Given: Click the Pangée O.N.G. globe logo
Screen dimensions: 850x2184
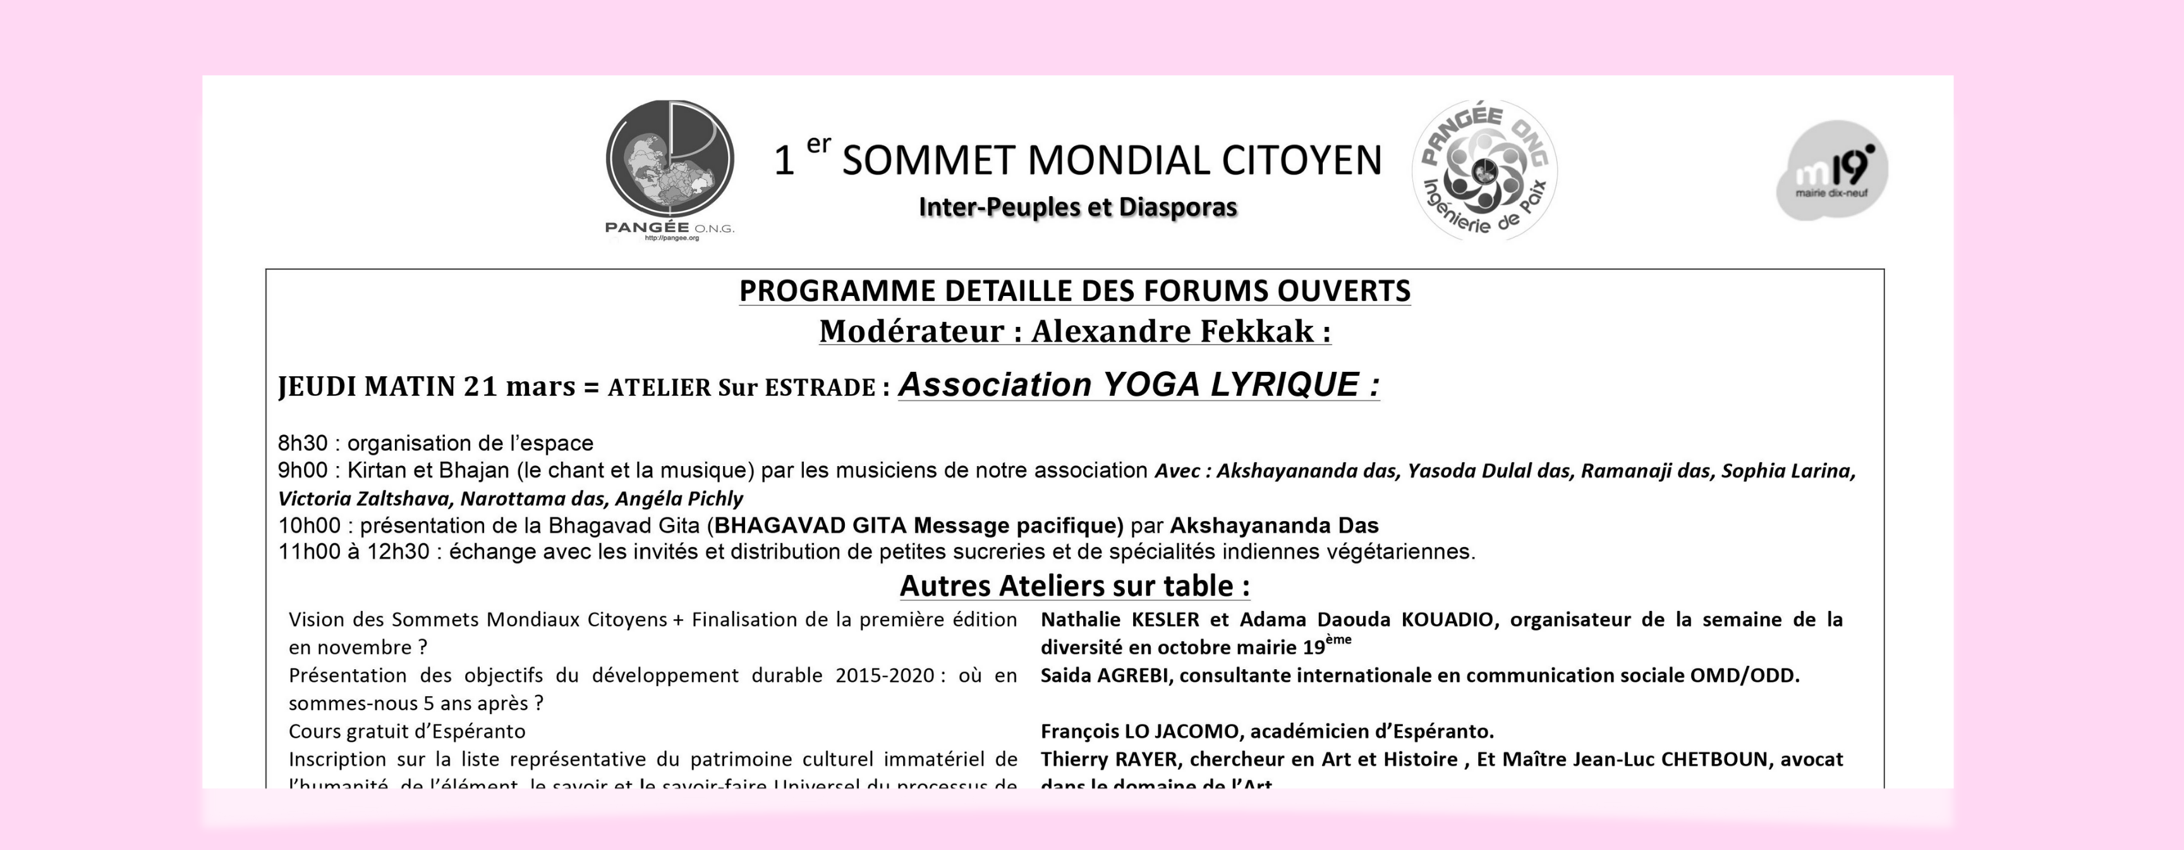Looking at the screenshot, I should click(670, 166).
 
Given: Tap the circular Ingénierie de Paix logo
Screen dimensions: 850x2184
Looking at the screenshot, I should click(1484, 169).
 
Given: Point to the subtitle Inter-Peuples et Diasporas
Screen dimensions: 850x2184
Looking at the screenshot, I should click(1077, 207).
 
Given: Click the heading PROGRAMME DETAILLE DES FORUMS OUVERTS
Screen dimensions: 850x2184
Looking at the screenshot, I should click(1074, 291).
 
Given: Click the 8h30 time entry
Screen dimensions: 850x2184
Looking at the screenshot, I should click(303, 443).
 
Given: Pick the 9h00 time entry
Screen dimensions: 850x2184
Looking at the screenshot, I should click(303, 470).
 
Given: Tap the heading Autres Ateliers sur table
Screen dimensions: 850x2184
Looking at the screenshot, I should click(1074, 586).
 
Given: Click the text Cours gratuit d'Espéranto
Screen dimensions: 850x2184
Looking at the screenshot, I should click(407, 731).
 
